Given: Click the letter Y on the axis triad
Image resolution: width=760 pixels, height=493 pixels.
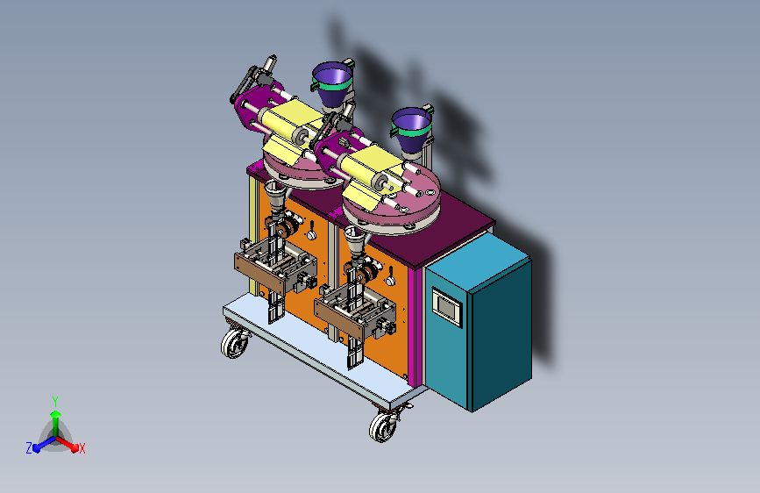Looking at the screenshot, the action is point(55,401).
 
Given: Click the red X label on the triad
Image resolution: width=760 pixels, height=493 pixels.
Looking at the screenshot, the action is point(82,448).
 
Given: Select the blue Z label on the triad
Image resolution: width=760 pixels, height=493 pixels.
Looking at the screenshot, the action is point(29,448).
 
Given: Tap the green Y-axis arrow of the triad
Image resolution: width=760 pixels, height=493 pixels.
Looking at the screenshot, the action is point(56,424).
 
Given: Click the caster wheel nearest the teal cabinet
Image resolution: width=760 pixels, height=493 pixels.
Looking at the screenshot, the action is point(383,426).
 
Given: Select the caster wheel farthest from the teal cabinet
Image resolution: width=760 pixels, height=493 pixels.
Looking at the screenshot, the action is point(235,342).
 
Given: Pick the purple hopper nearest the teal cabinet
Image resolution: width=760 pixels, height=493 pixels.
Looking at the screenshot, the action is point(411,129).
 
